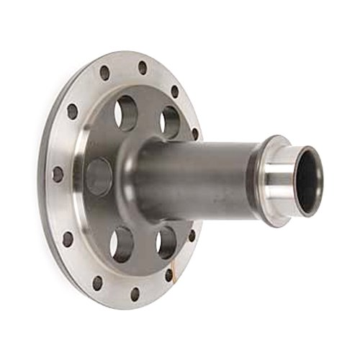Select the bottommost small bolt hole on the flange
click(x=135, y=293)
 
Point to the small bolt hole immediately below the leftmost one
click(x=68, y=238)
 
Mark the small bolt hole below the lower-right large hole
click(x=169, y=274)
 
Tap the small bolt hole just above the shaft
click(x=195, y=134)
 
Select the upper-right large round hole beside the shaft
click(x=170, y=122)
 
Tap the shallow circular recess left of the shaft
click(x=99, y=177)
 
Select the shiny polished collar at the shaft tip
click(x=282, y=180)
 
